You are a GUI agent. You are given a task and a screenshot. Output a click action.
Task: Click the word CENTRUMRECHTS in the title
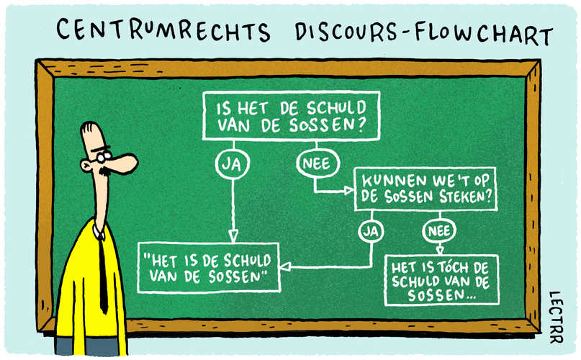[163, 30]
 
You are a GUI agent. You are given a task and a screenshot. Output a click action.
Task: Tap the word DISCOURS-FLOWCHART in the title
[424, 32]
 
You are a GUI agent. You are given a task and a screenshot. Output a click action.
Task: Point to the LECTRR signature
[556, 317]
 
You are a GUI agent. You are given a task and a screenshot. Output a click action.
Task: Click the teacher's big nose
[123, 163]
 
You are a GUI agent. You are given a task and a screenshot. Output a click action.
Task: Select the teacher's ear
[86, 166]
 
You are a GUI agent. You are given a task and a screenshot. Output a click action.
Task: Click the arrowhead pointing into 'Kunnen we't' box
[348, 191]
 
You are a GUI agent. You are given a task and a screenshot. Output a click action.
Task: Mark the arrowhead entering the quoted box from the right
[284, 266]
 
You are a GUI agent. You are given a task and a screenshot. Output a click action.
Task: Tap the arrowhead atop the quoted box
[233, 236]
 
